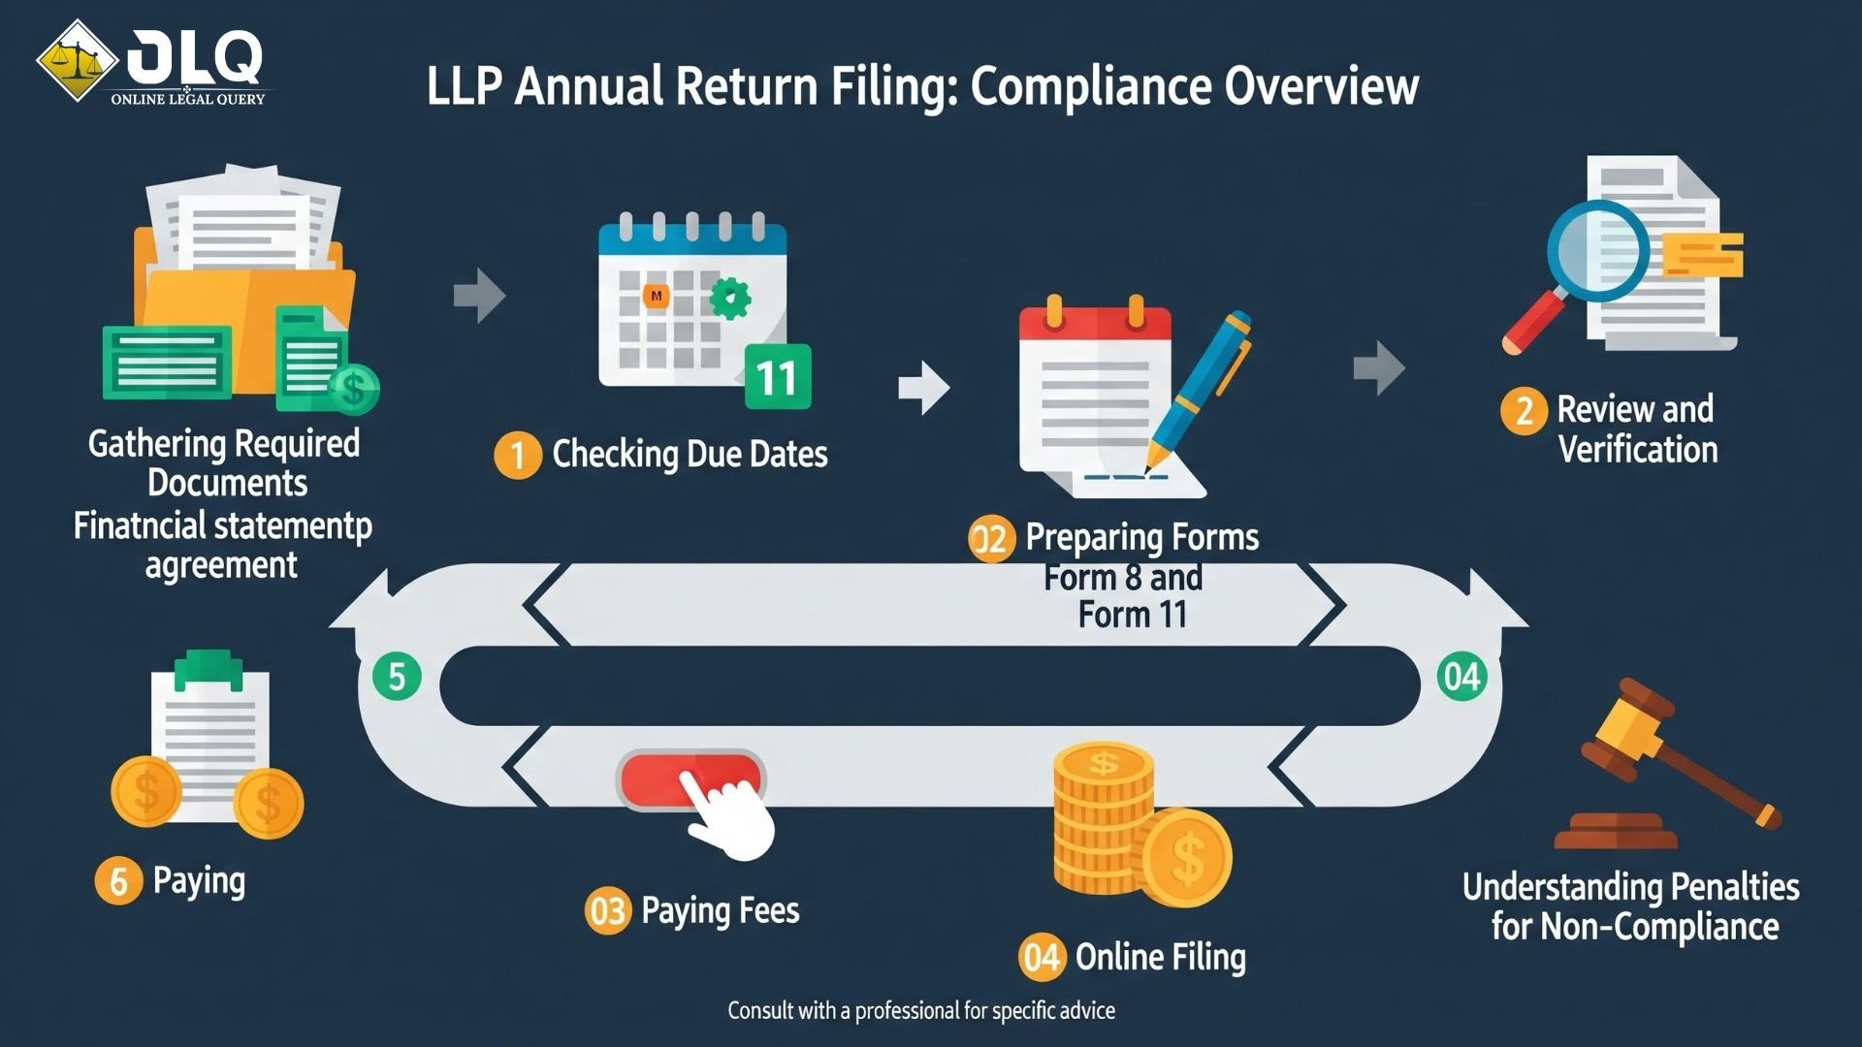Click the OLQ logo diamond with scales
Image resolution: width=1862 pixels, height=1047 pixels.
pyautogui.click(x=78, y=61)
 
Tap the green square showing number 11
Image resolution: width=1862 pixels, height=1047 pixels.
pyautogui.click(x=777, y=377)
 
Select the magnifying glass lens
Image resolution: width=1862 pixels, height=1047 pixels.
pyautogui.click(x=1597, y=249)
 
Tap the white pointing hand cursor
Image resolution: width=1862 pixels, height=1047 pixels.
pyautogui.click(x=729, y=816)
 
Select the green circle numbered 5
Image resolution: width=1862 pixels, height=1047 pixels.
pyautogui.click(x=397, y=677)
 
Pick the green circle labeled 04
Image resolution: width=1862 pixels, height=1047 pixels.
pyautogui.click(x=1461, y=677)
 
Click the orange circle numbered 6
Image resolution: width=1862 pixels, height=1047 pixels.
pyautogui.click(x=118, y=881)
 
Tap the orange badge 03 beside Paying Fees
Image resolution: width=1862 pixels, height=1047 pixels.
pyautogui.click(x=608, y=911)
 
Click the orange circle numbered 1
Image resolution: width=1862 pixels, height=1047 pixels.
pyautogui.click(x=518, y=455)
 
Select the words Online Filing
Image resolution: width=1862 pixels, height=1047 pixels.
pyautogui.click(x=1160, y=958)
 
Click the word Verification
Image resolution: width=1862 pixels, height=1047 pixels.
pyautogui.click(x=1638, y=450)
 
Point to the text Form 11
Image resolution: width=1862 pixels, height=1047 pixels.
pyautogui.click(x=1132, y=615)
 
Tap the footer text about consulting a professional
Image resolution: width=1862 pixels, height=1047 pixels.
pyautogui.click(x=921, y=1011)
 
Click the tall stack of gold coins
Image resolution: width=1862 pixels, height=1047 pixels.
pyautogui.click(x=1103, y=819)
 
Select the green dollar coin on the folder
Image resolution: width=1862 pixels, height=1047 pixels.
pyautogui.click(x=354, y=390)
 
